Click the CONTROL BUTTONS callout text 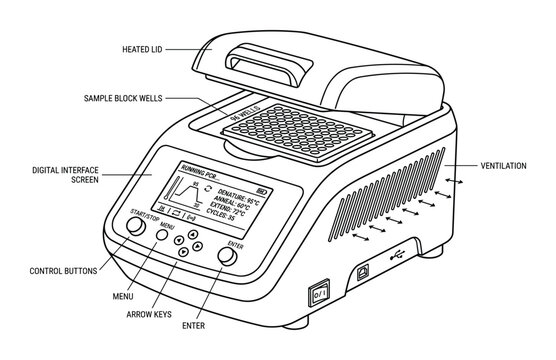click(63, 270)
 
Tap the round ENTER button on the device click(228, 257)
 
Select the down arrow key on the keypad click(183, 253)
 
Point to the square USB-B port click(363, 271)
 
